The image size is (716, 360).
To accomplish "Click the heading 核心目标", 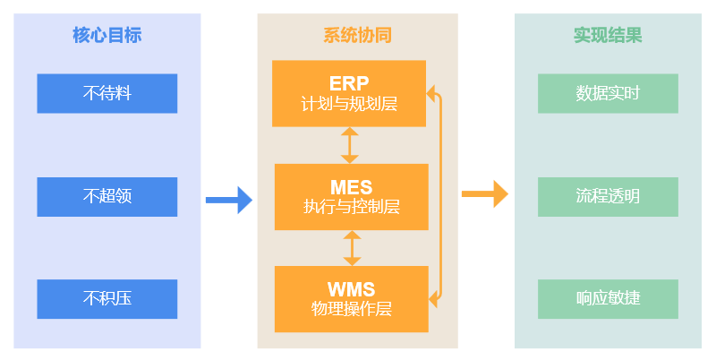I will [107, 36].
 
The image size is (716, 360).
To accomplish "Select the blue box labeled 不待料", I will [107, 93].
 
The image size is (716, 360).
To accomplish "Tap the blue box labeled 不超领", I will [107, 196].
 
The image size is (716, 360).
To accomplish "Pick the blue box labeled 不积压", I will [107, 298].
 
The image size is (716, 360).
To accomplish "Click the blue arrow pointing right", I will [229, 200].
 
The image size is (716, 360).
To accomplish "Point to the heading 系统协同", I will [357, 36].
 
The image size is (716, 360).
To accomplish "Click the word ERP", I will [349, 83].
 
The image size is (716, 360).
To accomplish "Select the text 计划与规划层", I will [349, 104].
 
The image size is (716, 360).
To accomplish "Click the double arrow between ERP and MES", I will [350, 144].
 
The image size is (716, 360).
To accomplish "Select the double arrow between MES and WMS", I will [352, 247].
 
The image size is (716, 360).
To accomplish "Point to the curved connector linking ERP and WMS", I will [441, 193].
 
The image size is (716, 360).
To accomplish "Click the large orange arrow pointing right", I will [484, 194].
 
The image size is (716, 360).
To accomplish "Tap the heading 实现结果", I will [608, 36].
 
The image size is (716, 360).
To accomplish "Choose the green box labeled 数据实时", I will [608, 93].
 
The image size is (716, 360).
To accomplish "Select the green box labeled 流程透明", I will [608, 196].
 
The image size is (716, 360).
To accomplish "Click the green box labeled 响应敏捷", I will [608, 298].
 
